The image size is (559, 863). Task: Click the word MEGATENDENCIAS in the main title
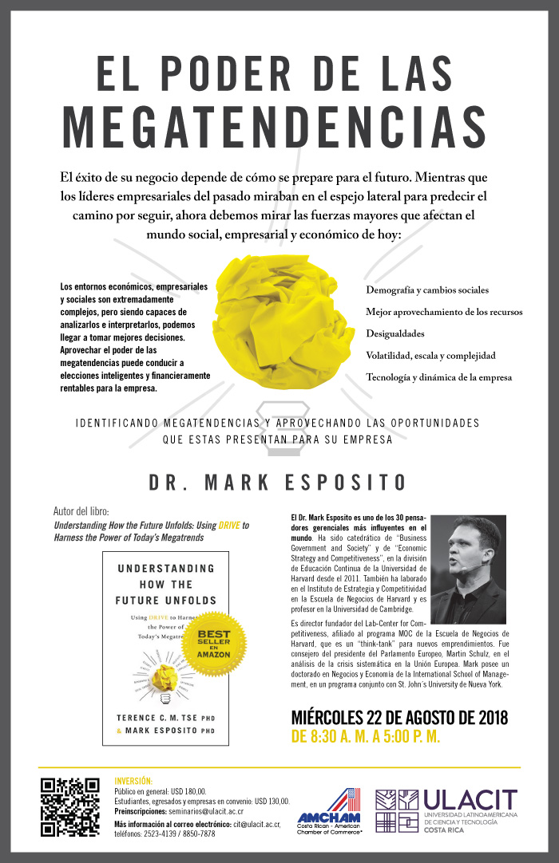coord(275,125)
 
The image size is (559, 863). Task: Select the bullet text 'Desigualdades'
coord(395,333)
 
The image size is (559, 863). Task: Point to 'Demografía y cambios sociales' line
coord(427,290)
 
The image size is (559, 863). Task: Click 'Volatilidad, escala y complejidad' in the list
coord(430,355)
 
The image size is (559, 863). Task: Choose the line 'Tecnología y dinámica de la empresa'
coord(438,377)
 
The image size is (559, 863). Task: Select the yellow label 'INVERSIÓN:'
coord(133,780)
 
